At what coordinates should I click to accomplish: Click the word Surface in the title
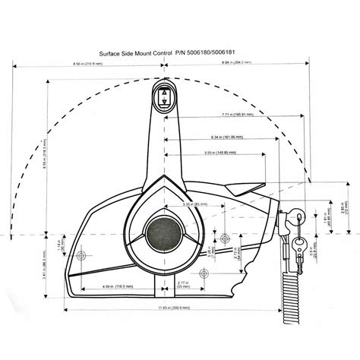114,55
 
